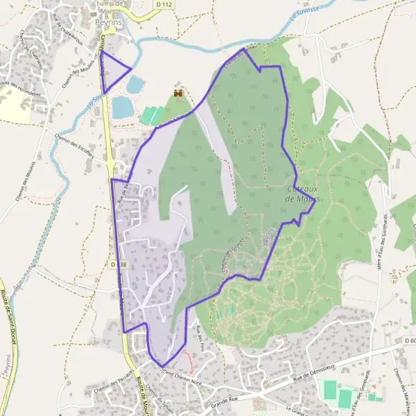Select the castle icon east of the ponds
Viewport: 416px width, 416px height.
pos(178,92)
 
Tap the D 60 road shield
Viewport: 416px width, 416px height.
pos(409,340)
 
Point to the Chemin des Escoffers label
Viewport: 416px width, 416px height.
pos(73,145)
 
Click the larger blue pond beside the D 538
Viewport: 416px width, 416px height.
pos(123,107)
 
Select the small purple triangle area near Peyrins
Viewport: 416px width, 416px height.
pos(114,76)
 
